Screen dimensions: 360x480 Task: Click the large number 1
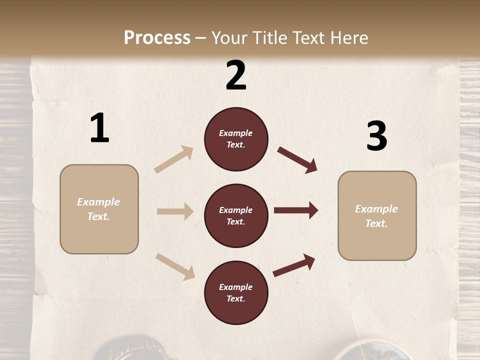pyautogui.click(x=99, y=128)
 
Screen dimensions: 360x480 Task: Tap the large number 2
pyautogui.click(x=236, y=75)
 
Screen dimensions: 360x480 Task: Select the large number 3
pyautogui.click(x=376, y=136)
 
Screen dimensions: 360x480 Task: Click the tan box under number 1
pyautogui.click(x=99, y=209)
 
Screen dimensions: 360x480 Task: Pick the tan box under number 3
pyautogui.click(x=377, y=215)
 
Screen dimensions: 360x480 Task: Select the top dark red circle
pyautogui.click(x=236, y=139)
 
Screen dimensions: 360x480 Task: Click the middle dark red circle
pyautogui.click(x=236, y=215)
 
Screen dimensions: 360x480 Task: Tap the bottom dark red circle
pyautogui.click(x=236, y=292)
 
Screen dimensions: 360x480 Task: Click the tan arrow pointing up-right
pyautogui.click(x=174, y=159)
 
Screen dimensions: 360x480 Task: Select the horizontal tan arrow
pyautogui.click(x=175, y=211)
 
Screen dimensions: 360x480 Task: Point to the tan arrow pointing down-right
pyautogui.click(x=175, y=266)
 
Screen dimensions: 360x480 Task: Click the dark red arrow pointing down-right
pyautogui.click(x=297, y=160)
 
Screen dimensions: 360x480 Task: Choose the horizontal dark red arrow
pyautogui.click(x=296, y=210)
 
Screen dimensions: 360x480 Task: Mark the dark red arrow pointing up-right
pyautogui.click(x=294, y=265)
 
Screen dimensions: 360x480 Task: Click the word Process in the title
pyautogui.click(x=157, y=37)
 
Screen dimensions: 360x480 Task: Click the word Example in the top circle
pyautogui.click(x=236, y=133)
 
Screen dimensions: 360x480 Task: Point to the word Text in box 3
pyautogui.click(x=376, y=223)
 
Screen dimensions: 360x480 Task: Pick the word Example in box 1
pyautogui.click(x=98, y=202)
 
